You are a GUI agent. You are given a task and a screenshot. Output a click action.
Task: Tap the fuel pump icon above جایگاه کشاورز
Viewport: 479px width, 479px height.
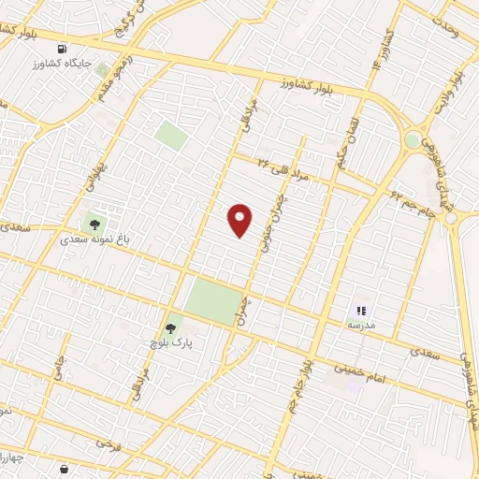pos(63,49)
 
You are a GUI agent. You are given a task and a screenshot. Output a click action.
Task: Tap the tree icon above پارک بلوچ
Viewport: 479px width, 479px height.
pos(170,328)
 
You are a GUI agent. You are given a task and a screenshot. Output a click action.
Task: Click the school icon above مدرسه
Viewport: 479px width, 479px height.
pos(362,310)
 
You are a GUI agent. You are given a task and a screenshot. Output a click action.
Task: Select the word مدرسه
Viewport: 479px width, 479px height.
pos(361,324)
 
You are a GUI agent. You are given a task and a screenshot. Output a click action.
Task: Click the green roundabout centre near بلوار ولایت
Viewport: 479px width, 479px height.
pos(412,140)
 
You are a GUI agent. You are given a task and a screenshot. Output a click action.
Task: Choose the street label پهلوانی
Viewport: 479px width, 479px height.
pos(91,173)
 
